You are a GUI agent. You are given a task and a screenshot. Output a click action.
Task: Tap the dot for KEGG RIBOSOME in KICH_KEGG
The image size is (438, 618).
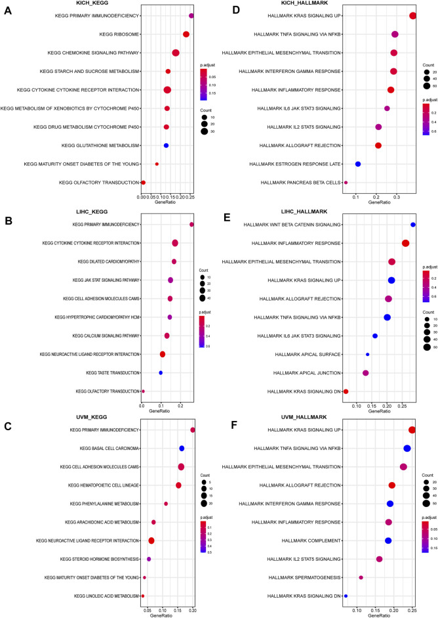tap(186, 34)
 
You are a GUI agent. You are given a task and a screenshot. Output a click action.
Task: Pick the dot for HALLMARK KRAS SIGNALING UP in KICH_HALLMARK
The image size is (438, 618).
tap(412, 16)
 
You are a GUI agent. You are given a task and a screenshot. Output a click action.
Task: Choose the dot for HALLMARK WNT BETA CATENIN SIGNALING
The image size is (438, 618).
tap(413, 225)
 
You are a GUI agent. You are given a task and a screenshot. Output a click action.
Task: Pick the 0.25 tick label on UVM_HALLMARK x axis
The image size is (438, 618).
tap(412, 605)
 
